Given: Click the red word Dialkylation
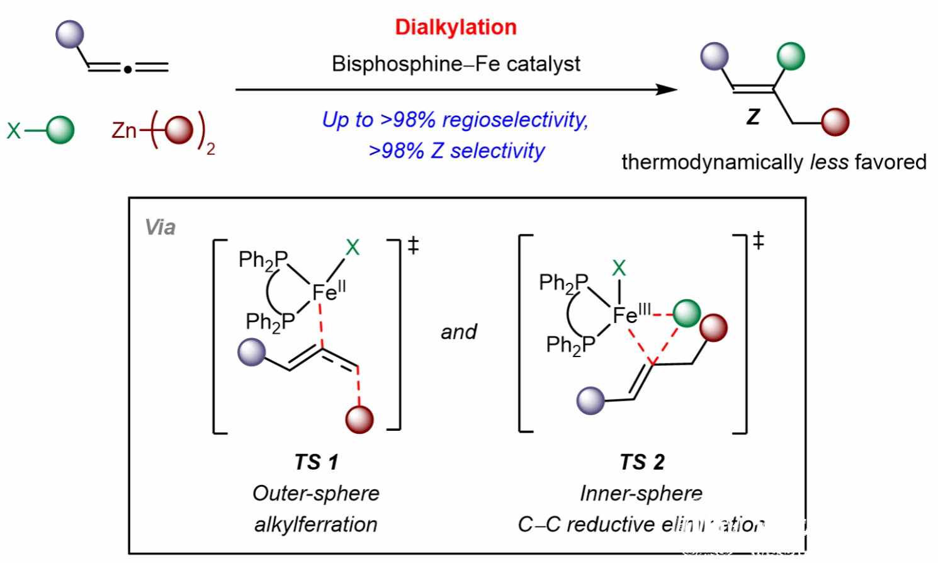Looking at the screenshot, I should click(456, 27).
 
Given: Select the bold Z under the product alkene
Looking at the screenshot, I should click(753, 117).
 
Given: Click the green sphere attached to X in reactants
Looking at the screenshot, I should click(60, 130).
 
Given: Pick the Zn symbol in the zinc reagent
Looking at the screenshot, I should click(124, 130).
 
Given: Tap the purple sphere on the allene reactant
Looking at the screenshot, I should click(70, 35).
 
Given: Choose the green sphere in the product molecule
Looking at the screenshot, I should click(791, 56).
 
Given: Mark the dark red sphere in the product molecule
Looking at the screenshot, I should click(835, 122).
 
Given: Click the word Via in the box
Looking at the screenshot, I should click(160, 227).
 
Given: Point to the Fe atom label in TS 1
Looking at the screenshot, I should click(325, 292).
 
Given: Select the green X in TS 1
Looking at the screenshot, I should click(353, 247).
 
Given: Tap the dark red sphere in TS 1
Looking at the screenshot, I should click(359, 419).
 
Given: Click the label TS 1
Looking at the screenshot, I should click(317, 462).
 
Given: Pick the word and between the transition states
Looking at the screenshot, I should click(459, 332).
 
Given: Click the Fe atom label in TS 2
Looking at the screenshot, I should click(626, 314).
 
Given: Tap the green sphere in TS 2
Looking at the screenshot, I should click(686, 313).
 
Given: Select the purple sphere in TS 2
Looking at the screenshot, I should click(590, 401).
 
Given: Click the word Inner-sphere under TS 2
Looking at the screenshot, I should click(641, 493).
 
